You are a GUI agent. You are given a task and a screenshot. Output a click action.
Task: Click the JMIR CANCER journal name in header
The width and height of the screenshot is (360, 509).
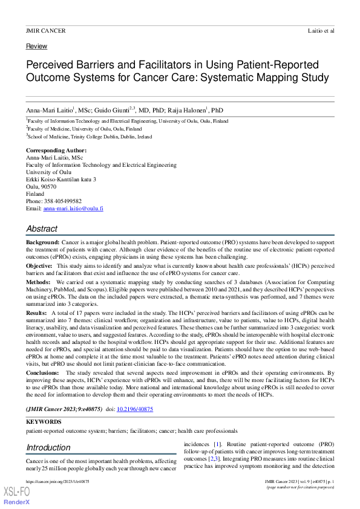46,30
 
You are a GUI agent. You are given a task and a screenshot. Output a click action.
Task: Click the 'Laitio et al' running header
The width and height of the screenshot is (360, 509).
320,30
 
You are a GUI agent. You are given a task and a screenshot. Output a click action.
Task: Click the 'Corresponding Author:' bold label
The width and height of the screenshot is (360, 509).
56,151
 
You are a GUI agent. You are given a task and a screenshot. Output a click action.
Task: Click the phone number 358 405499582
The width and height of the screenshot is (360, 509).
73,201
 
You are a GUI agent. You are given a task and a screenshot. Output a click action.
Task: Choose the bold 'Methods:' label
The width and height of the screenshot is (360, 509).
38,282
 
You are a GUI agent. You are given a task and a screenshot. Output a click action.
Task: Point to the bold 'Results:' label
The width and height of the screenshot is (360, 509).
38,313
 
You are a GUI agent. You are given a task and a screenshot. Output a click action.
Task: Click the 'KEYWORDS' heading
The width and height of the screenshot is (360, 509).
44,422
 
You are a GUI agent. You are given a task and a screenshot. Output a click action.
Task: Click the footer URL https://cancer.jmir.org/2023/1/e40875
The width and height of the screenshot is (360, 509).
58,481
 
